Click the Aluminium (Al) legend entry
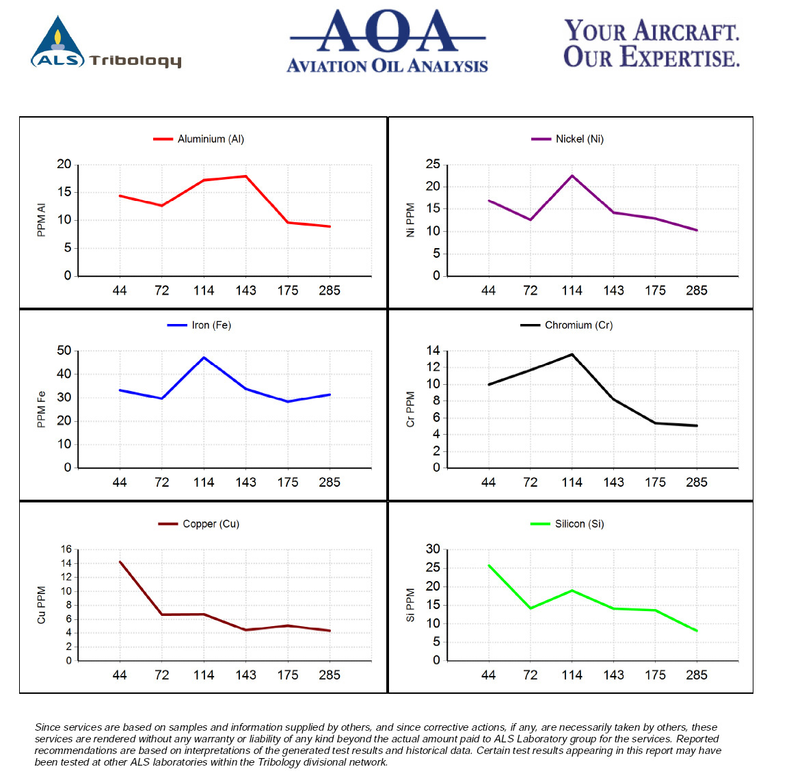[199, 139]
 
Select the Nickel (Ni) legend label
[579, 139]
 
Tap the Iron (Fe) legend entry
[199, 325]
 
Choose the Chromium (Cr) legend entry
[567, 325]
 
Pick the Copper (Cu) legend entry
[199, 524]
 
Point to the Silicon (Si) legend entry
[567, 524]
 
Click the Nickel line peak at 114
[572, 176]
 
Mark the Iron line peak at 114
[204, 358]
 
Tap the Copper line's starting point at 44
[120, 562]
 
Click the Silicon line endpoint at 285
[697, 630]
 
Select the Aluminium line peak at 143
[245, 176]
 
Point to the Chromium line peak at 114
[572, 354]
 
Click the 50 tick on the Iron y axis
[64, 350]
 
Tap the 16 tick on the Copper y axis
[66, 549]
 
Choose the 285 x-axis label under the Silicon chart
[697, 675]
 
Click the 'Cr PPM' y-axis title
[411, 409]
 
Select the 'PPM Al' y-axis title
[41, 220]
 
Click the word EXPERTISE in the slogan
[680, 56]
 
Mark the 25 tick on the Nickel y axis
[433, 164]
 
